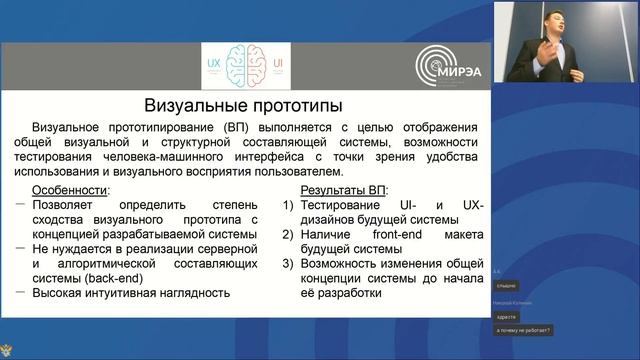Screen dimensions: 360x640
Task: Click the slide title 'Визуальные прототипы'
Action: tap(243, 106)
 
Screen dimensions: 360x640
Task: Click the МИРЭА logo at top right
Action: tap(450, 67)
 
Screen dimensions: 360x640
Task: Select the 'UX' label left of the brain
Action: tap(212, 62)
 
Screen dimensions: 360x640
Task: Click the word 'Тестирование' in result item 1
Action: tap(349, 205)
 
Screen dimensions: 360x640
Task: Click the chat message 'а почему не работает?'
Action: tap(525, 330)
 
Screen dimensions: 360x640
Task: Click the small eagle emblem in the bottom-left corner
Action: tap(11, 349)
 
